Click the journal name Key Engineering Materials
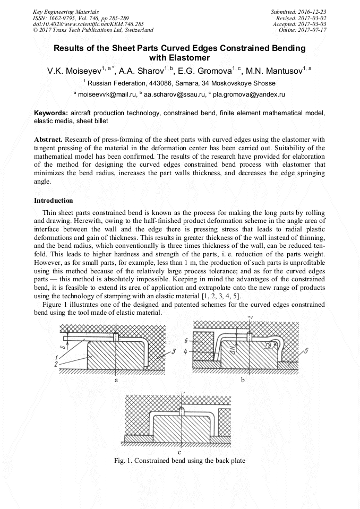pyautogui.click(x=65, y=11)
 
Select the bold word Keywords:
pyautogui.click(x=51, y=114)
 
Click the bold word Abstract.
pyautogui.click(x=48, y=139)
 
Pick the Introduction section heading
pyautogui.click(x=54, y=201)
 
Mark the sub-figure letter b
pyautogui.click(x=243, y=381)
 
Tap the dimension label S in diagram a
pyautogui.click(x=64, y=347)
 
